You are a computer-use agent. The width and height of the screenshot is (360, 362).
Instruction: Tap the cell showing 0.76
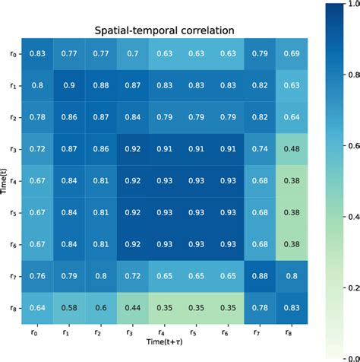[36, 278]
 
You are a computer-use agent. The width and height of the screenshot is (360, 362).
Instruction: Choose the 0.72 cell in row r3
[36, 149]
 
